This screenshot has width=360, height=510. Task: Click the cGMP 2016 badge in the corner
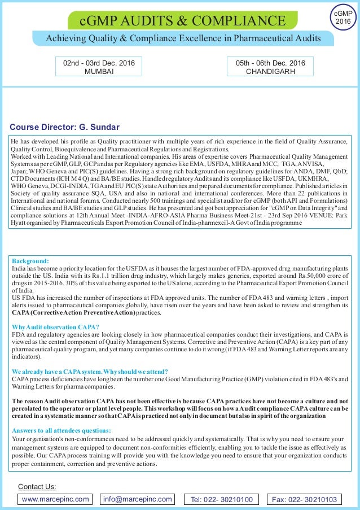[343, 16]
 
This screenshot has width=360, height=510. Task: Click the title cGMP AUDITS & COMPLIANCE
[182, 21]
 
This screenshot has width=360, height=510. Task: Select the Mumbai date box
[99, 67]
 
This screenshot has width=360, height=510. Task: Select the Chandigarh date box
[270, 67]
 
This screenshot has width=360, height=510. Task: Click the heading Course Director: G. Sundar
[65, 127]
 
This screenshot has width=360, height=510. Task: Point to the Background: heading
[30, 261]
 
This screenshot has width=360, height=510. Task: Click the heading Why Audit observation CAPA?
[55, 327]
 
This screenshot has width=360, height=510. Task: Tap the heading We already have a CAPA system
[90, 372]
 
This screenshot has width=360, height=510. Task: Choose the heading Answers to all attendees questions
[62, 430]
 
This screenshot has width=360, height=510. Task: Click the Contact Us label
[37, 486]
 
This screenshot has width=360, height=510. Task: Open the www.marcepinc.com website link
[55, 499]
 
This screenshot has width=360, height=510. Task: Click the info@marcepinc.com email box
[137, 499]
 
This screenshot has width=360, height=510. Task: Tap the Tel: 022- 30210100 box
[225, 499]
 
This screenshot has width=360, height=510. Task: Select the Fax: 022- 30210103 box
[304, 499]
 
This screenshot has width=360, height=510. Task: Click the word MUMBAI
[99, 72]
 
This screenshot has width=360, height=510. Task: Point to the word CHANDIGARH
[270, 72]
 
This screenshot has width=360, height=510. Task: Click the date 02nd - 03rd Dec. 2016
[99, 63]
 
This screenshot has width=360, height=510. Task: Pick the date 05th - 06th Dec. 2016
[270, 63]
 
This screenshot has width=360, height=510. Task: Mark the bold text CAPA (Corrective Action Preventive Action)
[73, 312]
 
